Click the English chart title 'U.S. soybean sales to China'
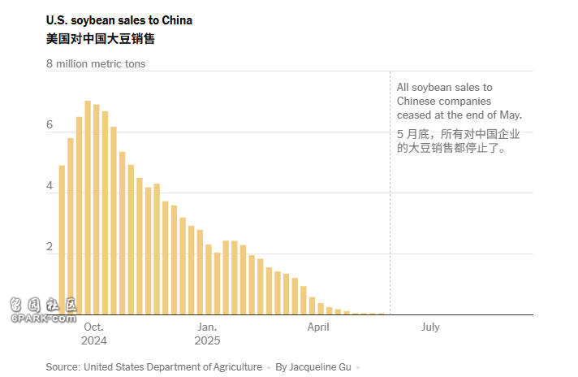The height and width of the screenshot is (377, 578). point(119,20)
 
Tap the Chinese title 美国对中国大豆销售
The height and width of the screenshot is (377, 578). point(100,38)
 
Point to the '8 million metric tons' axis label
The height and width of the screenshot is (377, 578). point(96,63)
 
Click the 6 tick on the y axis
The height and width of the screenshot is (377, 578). point(50,125)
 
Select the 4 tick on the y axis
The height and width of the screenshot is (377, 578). point(50,186)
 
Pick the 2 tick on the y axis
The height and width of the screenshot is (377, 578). point(50,247)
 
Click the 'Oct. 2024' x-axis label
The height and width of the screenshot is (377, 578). point(93,334)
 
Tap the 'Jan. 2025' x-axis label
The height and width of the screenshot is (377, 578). point(206,334)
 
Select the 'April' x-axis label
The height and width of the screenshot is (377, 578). point(318,327)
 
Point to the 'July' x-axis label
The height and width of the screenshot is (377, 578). point(430,327)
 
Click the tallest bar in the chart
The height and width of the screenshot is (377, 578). point(88,207)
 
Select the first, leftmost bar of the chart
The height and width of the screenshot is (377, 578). point(62,240)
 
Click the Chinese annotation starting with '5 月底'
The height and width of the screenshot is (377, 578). point(458,141)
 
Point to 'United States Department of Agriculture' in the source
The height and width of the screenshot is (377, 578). point(172,367)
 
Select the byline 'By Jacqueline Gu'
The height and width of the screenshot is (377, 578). point(313,367)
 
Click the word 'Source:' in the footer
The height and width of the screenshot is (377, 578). point(63,367)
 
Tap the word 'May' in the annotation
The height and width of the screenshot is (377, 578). point(509,115)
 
